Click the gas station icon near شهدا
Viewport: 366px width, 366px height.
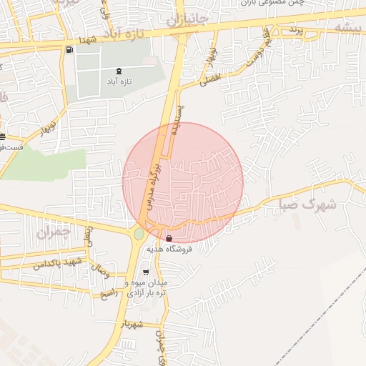click(69, 50)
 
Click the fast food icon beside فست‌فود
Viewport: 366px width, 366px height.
click(2, 137)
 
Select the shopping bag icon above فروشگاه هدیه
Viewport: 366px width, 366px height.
click(169, 238)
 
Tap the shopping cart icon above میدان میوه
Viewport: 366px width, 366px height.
click(146, 272)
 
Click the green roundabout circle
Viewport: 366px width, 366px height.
click(139, 234)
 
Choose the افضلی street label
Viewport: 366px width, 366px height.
click(209, 79)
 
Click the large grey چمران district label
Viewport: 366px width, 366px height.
click(52, 232)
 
